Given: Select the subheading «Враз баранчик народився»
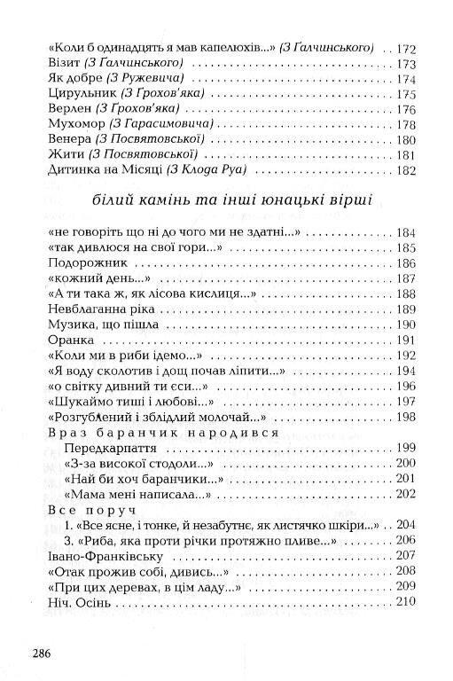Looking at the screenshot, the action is click(x=148, y=433).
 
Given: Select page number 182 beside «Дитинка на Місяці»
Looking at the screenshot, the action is click(x=405, y=171).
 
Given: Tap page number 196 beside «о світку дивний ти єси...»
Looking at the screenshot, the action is click(x=405, y=387).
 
